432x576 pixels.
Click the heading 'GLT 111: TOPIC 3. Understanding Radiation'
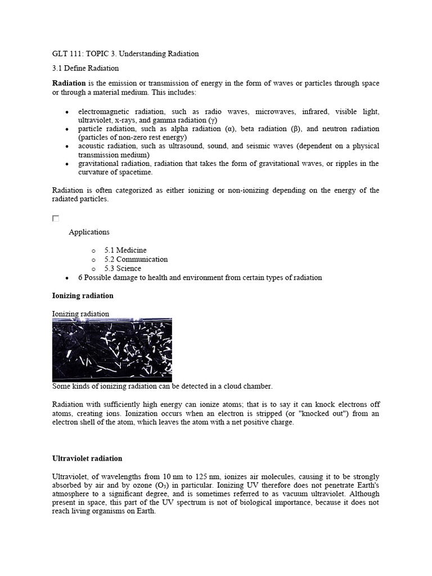coord(125,54)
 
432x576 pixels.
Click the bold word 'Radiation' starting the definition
coord(69,83)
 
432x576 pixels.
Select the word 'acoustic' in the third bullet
coord(92,146)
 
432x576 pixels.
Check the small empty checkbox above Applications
coord(56,218)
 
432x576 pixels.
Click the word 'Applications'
coord(89,232)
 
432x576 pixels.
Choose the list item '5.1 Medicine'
coord(125,250)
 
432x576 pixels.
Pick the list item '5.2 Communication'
coord(136,259)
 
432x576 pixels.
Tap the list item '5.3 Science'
coord(123,268)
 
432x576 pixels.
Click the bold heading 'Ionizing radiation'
coord(83,296)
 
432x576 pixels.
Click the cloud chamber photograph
coord(112,350)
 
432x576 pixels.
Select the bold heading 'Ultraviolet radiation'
coord(87,458)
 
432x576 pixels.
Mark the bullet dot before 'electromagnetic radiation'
coord(67,111)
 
